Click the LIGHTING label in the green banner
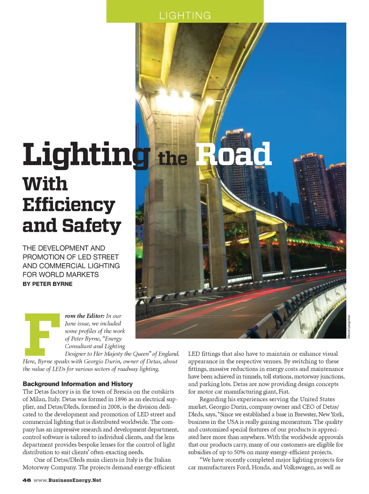[185, 16]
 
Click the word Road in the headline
[233, 154]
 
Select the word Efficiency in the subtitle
[69, 205]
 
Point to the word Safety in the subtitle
[91, 226]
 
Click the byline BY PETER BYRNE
[48, 284]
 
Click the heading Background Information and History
[77, 384]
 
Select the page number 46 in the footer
[26, 480]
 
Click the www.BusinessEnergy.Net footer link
[67, 480]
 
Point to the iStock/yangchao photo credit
[348, 326]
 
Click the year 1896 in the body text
[122, 399]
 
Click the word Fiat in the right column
[284, 392]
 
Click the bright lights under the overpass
[175, 95]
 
